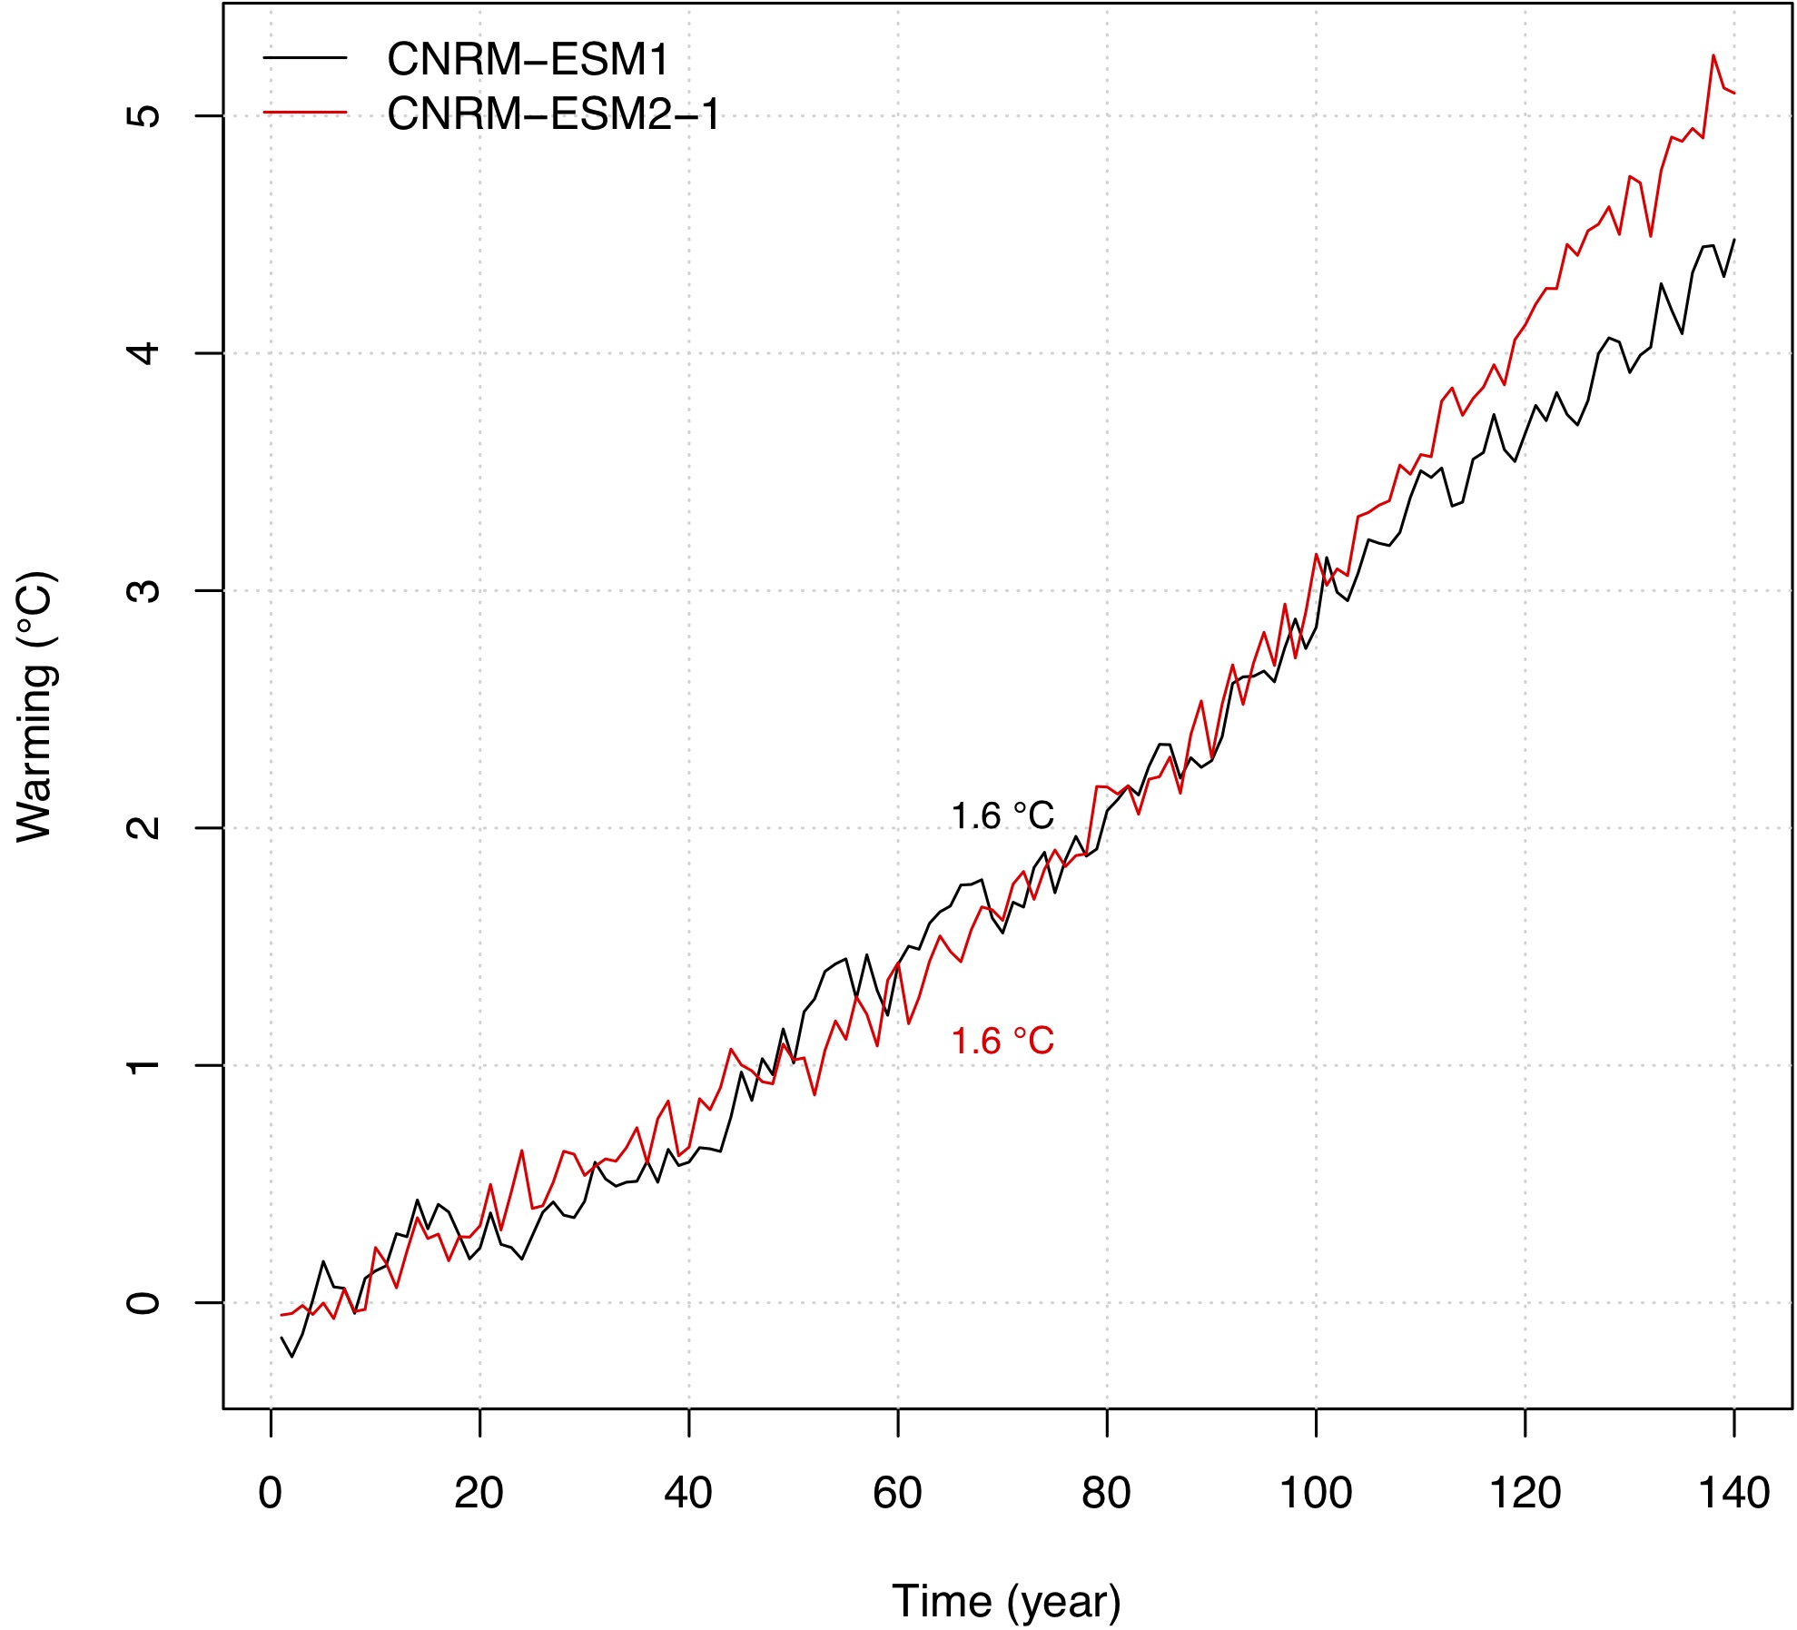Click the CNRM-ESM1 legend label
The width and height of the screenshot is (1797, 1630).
pos(528,60)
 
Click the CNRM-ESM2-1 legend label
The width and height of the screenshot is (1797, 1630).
pos(554,114)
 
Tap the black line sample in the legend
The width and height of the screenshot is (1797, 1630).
pos(305,58)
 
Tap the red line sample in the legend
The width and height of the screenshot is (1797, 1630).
pos(305,113)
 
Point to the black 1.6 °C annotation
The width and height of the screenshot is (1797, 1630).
pos(1002,816)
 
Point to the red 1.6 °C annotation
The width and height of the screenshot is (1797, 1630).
pos(1002,1041)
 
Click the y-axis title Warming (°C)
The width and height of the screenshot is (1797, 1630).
pos(36,706)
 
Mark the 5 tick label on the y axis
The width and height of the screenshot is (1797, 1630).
pos(143,115)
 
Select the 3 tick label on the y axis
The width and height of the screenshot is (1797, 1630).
pos(143,590)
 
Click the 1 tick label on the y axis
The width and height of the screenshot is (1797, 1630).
pos(143,1065)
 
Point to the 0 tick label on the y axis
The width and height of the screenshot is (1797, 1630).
pos(143,1303)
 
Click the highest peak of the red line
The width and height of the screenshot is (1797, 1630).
pos(1713,55)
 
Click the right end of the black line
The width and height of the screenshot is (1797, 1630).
pos(1734,240)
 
